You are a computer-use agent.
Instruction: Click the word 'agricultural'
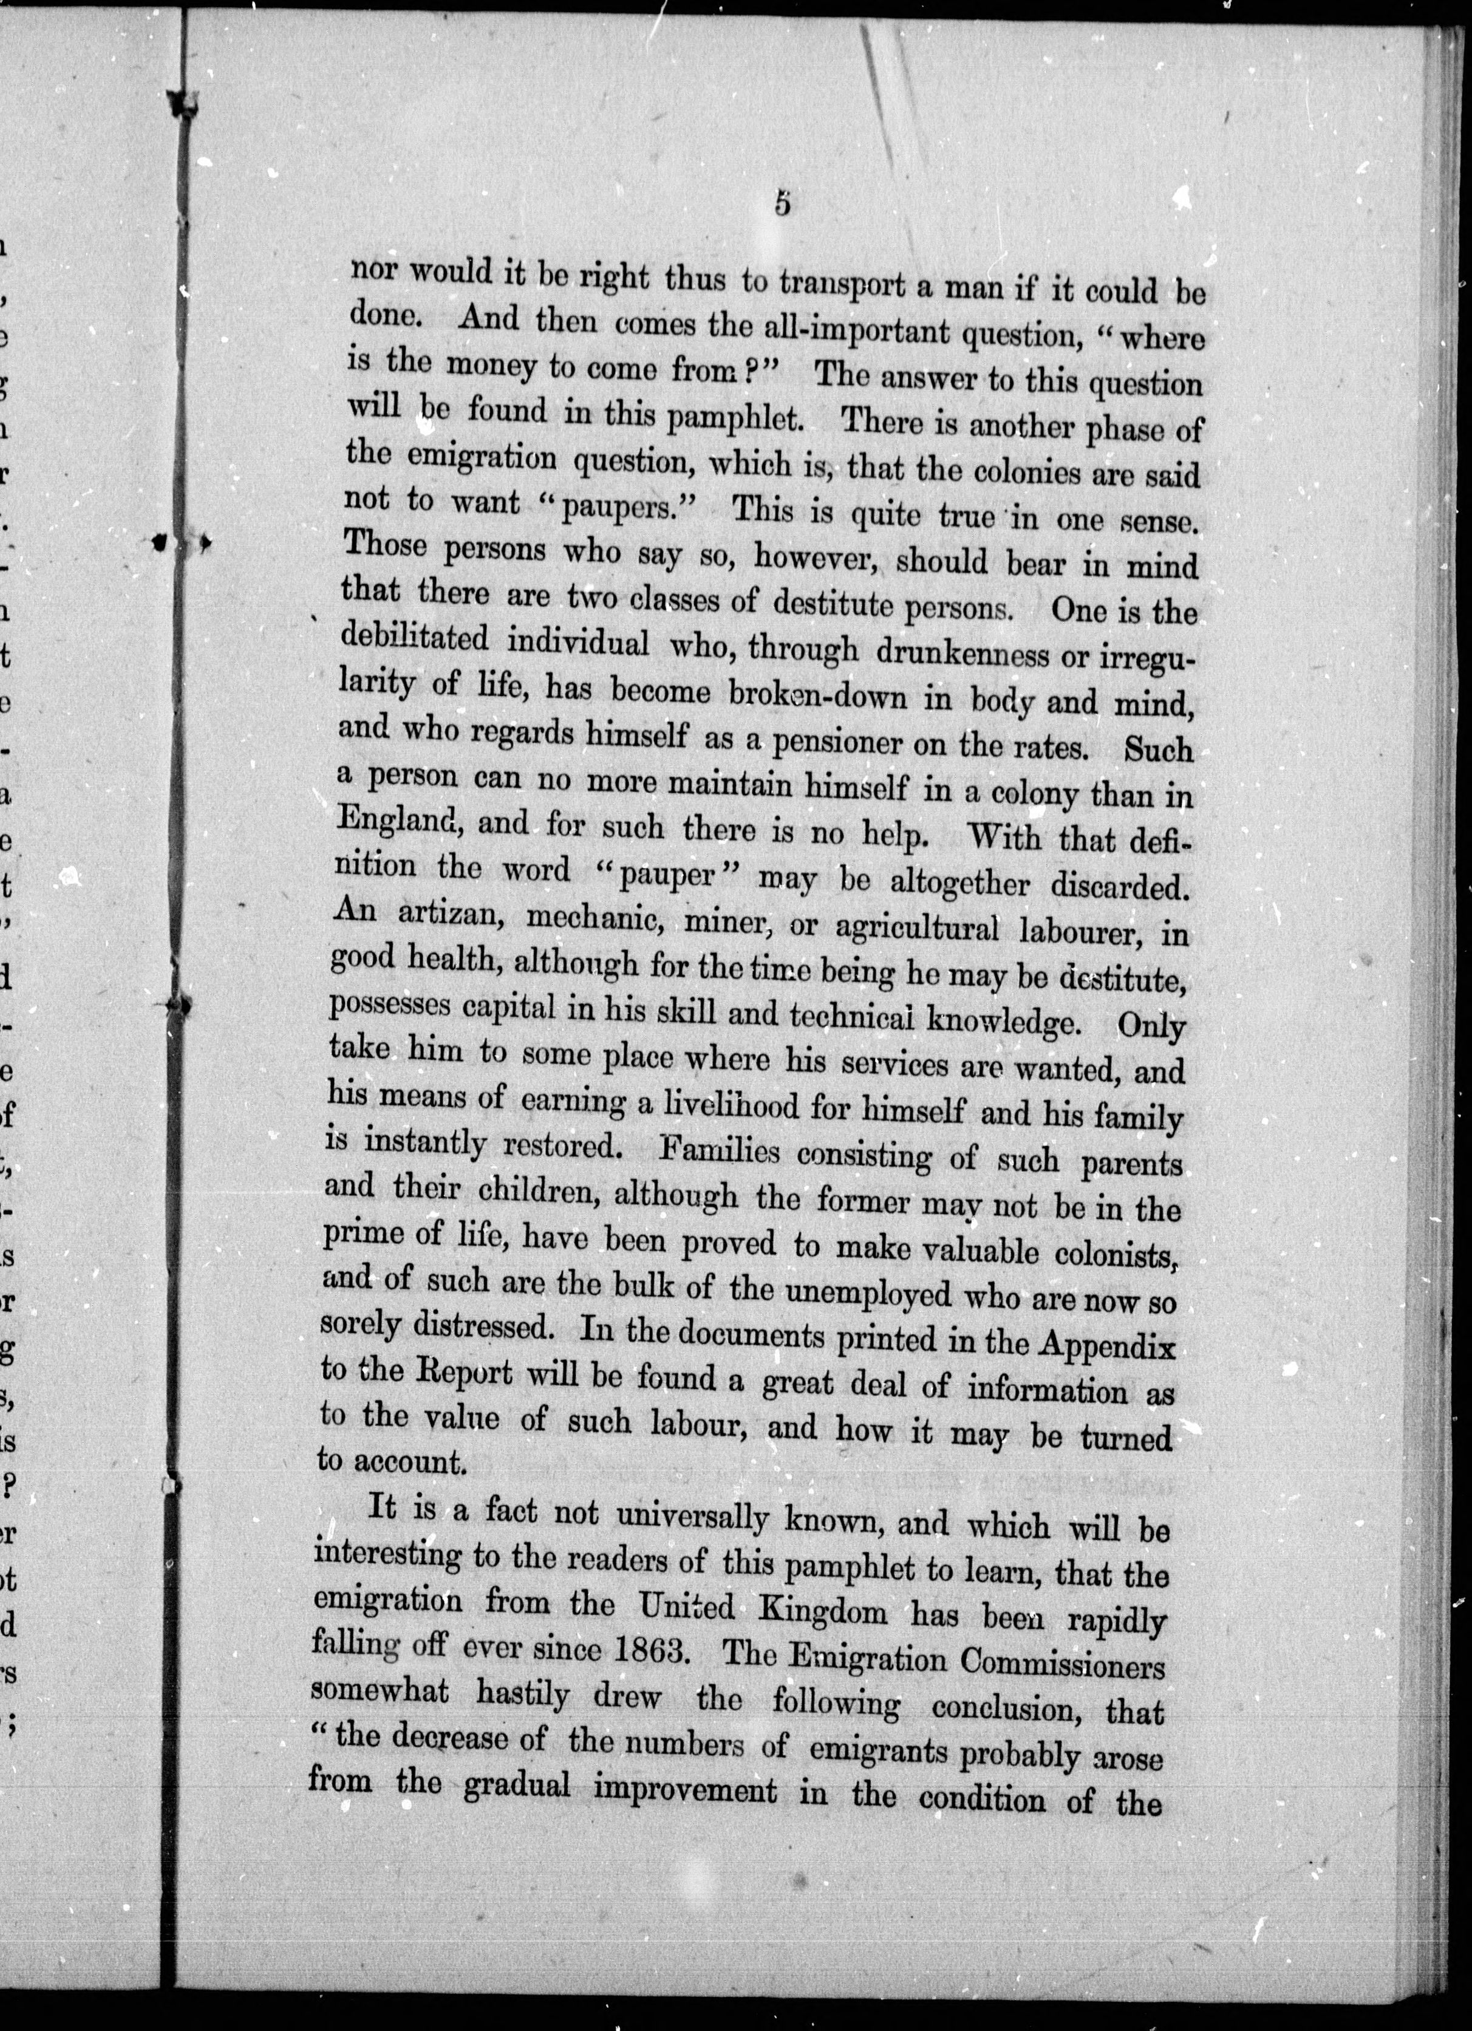(x=916, y=927)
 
